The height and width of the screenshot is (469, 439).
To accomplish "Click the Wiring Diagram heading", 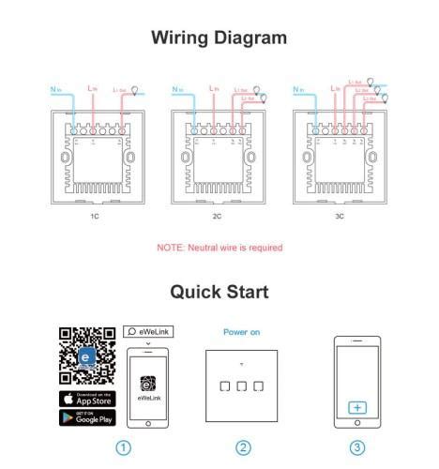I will pos(219,38).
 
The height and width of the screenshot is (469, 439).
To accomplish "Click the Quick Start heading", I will pos(219,291).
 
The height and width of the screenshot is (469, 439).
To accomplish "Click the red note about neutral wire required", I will pos(219,248).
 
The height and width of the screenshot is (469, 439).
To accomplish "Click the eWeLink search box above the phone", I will pos(148,332).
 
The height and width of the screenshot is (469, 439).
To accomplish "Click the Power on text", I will pos(242,332).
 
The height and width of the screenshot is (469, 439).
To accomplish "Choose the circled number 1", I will pos(123,447).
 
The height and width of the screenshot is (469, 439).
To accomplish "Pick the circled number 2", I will pos(243,447).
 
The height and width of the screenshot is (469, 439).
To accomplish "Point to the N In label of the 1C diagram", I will pos(53,90).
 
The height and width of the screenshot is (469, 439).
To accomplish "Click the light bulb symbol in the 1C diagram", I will pos(134,89).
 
